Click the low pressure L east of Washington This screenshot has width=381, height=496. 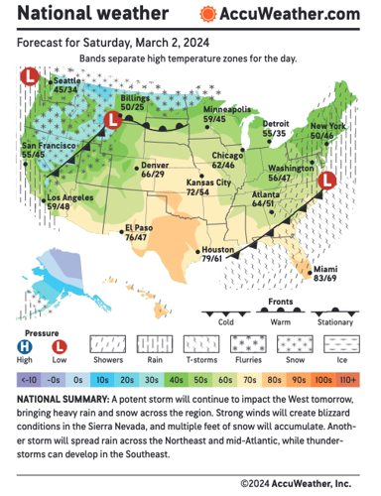point(328,181)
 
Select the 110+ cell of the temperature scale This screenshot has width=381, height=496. point(350,379)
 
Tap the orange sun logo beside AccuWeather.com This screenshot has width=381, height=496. point(206,14)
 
